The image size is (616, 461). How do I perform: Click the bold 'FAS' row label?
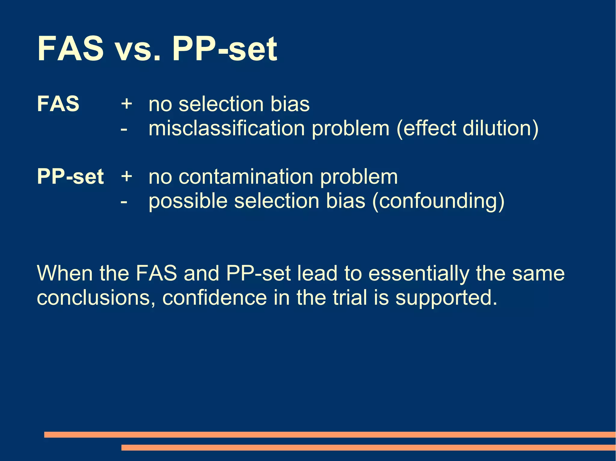click(58, 104)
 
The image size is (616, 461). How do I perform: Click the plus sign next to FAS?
click(127, 104)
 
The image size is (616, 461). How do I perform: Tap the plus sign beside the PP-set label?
click(127, 176)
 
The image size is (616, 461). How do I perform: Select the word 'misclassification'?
click(227, 129)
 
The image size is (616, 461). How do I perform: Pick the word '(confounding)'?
click(438, 201)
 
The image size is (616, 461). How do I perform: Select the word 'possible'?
click(188, 201)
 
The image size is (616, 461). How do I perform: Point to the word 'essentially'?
click(418, 274)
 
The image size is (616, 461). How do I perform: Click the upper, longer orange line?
click(330, 435)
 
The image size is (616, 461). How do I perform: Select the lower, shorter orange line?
click(368, 447)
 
